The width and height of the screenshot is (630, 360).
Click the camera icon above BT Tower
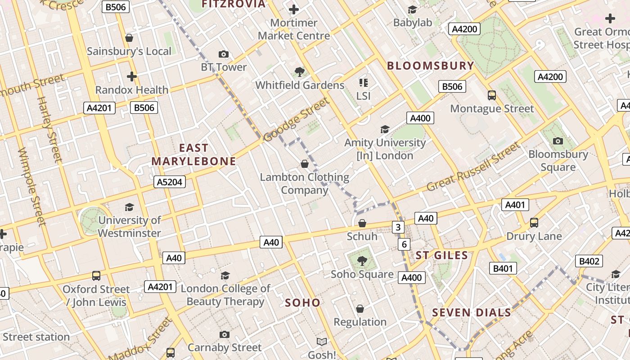[x=223, y=54]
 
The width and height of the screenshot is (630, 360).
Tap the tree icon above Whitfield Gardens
[x=299, y=72]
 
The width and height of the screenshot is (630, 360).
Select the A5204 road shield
[x=170, y=182]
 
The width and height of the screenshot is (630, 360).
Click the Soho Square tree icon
[x=362, y=261]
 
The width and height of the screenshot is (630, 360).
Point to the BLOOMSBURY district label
[x=431, y=66]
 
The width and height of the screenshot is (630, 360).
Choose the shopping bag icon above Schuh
[x=362, y=223]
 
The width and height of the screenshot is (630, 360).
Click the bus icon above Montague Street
[x=492, y=95]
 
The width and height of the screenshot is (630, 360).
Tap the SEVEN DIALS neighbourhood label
[x=472, y=312]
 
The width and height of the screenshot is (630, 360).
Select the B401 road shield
[x=503, y=269]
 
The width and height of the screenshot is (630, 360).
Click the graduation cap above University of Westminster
[x=130, y=207]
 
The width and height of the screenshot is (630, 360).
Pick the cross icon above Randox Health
[x=131, y=76]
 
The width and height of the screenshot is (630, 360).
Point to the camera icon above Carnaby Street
[x=224, y=334]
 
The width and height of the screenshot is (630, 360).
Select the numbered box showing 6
[x=404, y=244]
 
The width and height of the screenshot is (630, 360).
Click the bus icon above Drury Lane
[x=534, y=222]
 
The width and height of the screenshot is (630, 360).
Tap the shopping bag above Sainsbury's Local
[x=129, y=38]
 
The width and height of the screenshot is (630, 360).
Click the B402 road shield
[x=589, y=261]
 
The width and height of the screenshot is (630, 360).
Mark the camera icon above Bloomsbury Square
[x=558, y=141]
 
